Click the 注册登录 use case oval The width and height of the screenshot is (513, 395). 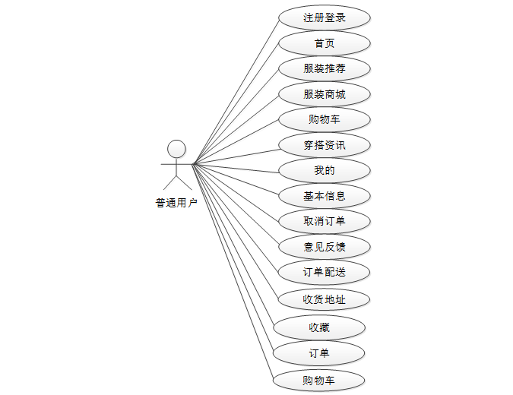(325, 17)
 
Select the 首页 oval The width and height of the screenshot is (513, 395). (325, 43)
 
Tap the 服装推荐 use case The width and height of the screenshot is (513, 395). (325, 68)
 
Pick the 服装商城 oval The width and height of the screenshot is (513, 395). (325, 94)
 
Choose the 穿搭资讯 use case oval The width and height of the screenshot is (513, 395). (325, 145)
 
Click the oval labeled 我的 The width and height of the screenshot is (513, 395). (325, 170)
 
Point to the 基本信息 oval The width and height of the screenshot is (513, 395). (325, 196)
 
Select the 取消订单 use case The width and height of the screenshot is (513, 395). (325, 221)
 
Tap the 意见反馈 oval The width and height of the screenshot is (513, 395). (325, 247)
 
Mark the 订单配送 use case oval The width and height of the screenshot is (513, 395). (325, 272)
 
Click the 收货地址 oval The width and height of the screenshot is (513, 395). (325, 299)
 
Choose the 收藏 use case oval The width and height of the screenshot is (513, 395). (319, 327)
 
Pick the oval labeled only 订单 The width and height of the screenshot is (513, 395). (319, 353)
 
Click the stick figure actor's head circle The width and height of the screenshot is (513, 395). (176, 148)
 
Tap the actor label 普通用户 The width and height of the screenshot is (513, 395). (176, 203)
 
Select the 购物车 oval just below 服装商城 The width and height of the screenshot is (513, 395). (325, 119)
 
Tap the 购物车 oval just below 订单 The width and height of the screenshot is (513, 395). (319, 380)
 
